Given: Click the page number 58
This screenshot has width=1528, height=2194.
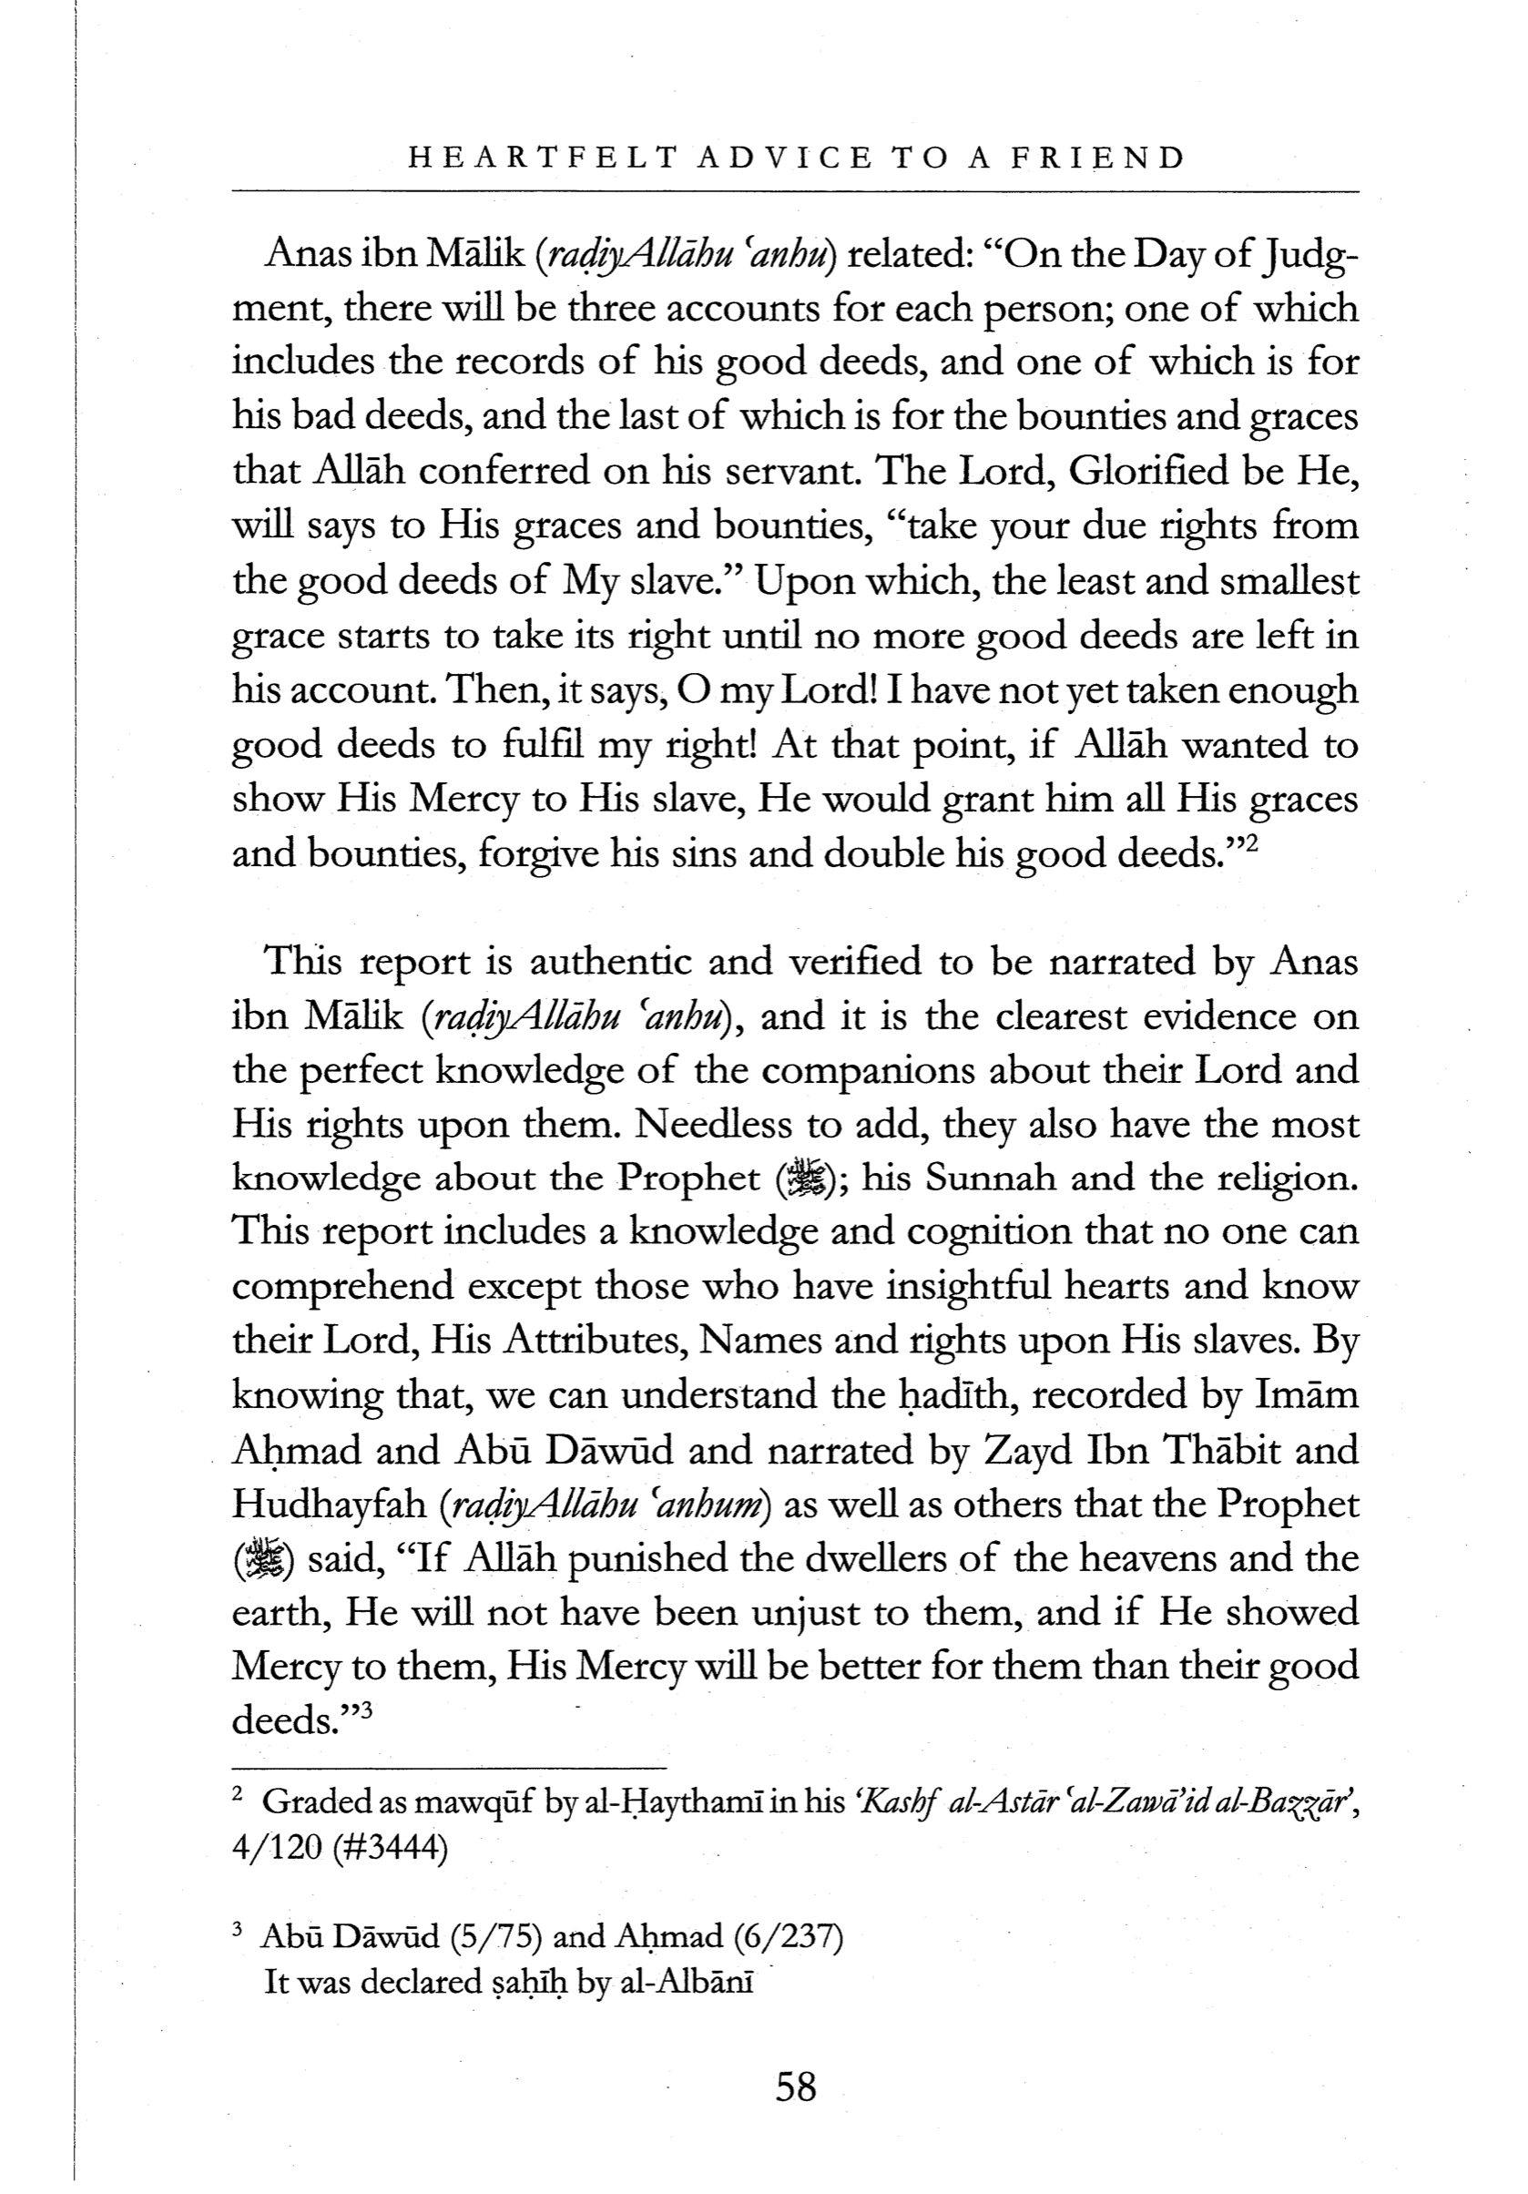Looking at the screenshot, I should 795,2086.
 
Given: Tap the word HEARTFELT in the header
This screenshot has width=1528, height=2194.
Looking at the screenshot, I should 535,158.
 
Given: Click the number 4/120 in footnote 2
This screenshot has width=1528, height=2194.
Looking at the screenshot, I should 275,1847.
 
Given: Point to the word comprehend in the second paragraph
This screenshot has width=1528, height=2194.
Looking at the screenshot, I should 342,1288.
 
